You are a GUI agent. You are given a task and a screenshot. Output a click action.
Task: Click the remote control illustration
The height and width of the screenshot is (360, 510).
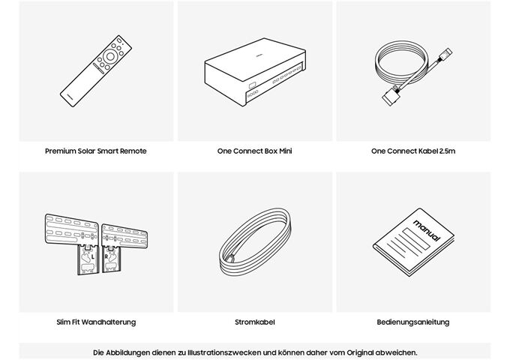click(96, 71)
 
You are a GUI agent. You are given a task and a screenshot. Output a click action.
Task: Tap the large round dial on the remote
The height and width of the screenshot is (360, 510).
click(110, 56)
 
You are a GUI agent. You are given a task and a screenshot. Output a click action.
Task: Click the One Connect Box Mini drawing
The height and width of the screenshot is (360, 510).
click(255, 72)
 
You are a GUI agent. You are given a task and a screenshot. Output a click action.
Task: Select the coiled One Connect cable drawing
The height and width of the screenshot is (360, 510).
click(413, 75)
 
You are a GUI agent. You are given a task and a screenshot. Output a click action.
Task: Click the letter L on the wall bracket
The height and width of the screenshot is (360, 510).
click(93, 256)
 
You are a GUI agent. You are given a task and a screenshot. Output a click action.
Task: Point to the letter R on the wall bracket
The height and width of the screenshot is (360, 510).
click(106, 256)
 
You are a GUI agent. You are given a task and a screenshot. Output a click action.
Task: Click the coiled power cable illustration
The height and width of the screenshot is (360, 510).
click(255, 242)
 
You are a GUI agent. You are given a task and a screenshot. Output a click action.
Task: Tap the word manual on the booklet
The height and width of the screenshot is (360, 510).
click(427, 230)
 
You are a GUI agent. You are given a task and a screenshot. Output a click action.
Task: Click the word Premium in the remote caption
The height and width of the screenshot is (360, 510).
click(60, 151)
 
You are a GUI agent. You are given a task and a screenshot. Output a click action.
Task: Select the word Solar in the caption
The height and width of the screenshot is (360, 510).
click(86, 151)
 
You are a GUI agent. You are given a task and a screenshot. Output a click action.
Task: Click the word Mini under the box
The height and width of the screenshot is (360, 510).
click(286, 151)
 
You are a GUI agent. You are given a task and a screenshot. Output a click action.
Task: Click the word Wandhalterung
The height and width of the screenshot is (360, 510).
click(109, 322)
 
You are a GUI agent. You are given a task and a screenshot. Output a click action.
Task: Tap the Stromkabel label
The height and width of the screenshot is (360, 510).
click(255, 322)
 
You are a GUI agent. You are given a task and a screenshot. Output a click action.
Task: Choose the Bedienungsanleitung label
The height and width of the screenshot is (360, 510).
click(413, 322)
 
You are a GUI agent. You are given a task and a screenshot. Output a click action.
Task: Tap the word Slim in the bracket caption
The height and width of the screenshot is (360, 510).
click(64, 322)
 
